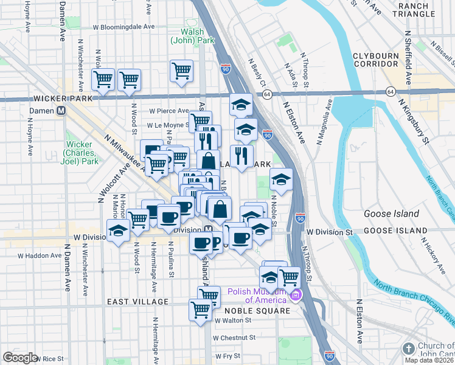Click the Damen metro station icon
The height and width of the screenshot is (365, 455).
point(61,111)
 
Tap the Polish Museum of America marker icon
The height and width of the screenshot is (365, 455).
point(296,296)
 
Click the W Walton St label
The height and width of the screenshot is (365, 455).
point(232,320)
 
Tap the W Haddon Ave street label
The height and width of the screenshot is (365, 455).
point(37,255)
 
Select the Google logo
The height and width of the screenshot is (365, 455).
point(20,357)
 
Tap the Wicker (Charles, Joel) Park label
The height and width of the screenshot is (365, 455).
point(81,153)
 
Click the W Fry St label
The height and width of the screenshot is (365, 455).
point(227,356)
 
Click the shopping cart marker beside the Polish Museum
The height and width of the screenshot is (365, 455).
point(289,277)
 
